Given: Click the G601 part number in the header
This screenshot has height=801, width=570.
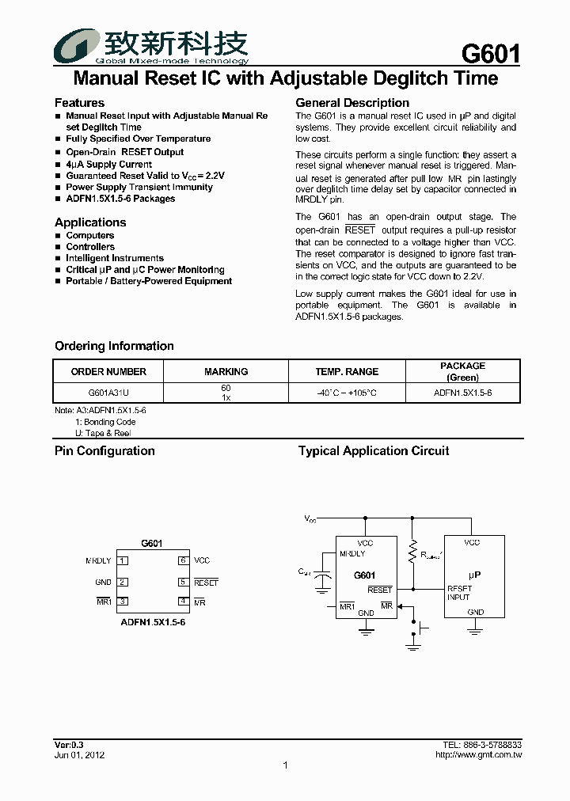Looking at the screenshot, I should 490,54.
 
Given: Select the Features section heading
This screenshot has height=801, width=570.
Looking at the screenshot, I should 79,103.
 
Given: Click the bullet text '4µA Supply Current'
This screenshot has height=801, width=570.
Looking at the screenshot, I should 108,164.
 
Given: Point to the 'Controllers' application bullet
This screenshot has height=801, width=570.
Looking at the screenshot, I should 90,247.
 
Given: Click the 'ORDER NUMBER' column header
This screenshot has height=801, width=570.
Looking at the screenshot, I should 108,371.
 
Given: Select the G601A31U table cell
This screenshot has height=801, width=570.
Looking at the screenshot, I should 108,393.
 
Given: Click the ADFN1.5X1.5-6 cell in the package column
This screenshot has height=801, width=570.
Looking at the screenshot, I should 462,393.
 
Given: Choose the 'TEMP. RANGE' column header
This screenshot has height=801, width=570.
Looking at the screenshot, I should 347,371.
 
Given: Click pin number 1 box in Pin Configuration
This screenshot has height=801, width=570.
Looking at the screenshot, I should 123,560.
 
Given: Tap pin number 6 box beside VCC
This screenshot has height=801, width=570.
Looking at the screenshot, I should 182,560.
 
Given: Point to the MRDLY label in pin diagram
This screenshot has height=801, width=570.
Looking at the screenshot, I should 98,560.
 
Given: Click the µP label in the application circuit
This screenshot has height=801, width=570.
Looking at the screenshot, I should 474,575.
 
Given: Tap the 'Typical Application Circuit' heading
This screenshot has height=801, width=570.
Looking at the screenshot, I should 373,451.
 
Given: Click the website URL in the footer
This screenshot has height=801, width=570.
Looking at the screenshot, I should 478,755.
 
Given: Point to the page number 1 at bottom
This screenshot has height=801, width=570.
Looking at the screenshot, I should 285,765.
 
